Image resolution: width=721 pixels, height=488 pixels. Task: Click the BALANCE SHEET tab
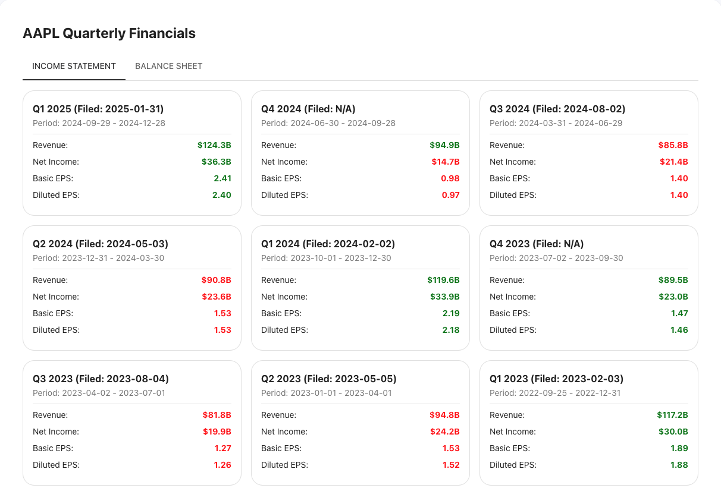coord(168,66)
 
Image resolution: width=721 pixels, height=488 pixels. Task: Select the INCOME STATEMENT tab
coord(74,66)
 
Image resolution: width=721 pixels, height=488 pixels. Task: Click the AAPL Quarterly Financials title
coord(109,33)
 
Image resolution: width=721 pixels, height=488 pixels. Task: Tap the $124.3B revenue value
coord(214,145)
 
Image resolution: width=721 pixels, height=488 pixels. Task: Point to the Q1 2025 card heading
coord(98,109)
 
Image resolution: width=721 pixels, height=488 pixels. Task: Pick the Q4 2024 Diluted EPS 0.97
coord(450,195)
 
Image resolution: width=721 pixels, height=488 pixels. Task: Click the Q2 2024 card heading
coord(101,244)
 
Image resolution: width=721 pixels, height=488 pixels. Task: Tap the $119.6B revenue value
coord(443,280)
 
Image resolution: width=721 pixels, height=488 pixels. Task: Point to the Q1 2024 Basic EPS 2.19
coord(450,313)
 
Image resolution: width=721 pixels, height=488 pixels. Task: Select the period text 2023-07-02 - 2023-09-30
coord(556,258)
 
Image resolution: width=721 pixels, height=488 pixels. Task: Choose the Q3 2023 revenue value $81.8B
coord(216,415)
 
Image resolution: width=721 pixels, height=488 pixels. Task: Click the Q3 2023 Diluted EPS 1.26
coord(222,465)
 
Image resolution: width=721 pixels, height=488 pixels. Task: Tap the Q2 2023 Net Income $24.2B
coord(444,432)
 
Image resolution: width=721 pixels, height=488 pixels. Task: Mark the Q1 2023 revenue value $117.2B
coord(672,415)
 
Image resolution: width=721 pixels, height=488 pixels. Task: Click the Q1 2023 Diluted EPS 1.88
coord(679,465)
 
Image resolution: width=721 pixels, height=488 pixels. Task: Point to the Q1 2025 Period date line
coord(99,123)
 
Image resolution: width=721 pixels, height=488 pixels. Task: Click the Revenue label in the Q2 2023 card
coord(278,415)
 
